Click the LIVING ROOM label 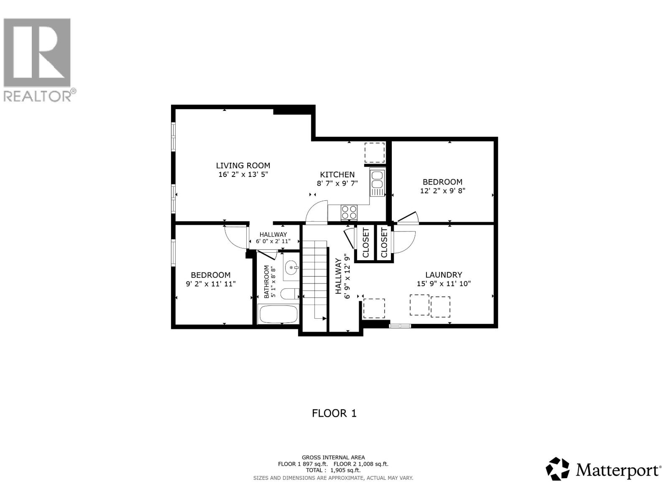243,166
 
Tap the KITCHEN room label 337,175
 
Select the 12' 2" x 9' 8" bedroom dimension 442,191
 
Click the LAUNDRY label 444,275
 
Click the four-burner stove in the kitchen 349,212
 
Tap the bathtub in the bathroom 278,315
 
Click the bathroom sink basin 291,267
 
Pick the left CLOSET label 366,243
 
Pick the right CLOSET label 384,243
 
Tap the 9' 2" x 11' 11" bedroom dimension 211,284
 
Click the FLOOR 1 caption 334,413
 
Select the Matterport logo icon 558,469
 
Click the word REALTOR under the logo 38,96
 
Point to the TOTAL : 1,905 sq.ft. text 333,470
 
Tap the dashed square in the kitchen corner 374,153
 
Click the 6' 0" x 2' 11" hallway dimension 273,241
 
